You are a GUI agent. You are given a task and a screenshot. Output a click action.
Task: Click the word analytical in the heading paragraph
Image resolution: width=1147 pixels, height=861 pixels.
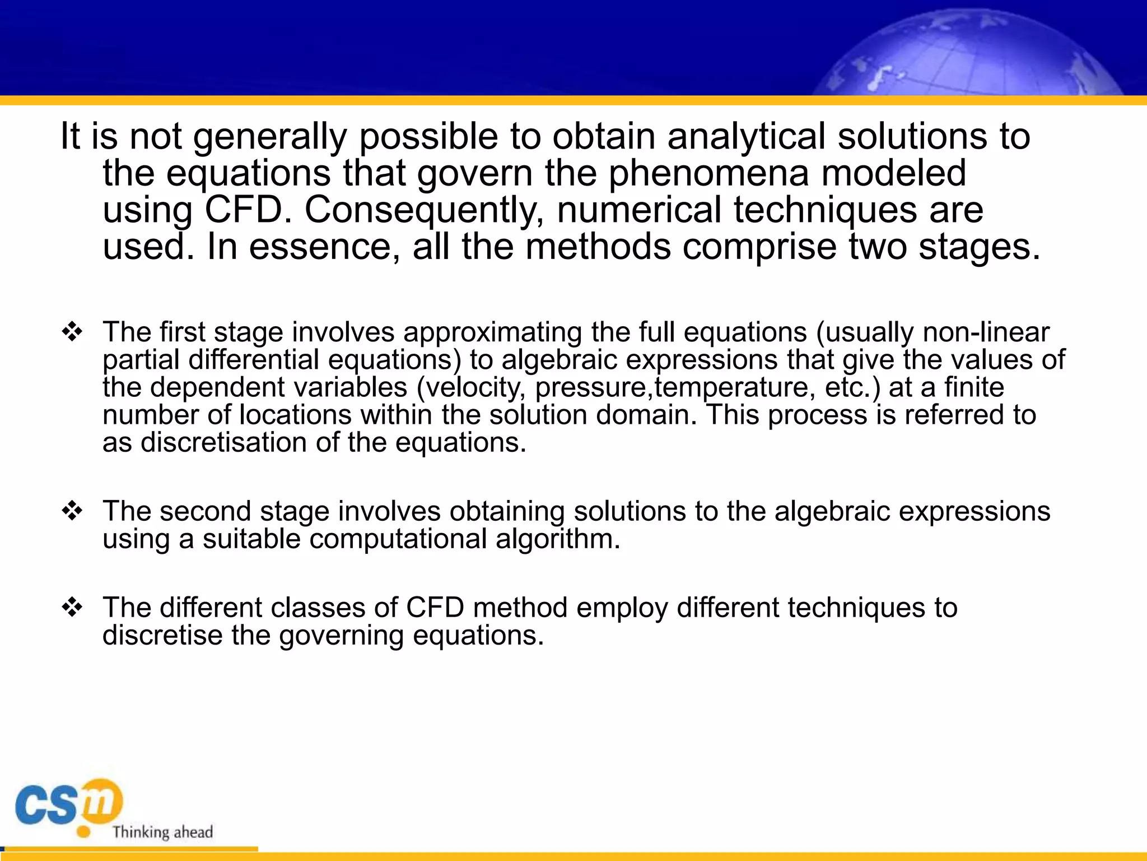[746, 137]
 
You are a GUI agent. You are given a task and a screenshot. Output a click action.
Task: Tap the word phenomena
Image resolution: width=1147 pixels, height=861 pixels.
[708, 173]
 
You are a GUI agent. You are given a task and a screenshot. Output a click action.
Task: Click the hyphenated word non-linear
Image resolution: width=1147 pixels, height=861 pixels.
[986, 332]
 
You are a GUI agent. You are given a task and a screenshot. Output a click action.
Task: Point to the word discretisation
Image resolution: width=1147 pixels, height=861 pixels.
[223, 442]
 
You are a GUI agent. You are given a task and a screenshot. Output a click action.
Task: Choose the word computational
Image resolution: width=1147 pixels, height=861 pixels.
[398, 539]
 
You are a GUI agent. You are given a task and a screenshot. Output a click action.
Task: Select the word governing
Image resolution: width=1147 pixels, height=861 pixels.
[341, 636]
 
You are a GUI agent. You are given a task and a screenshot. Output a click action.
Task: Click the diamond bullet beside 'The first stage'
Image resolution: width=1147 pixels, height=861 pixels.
[72, 332]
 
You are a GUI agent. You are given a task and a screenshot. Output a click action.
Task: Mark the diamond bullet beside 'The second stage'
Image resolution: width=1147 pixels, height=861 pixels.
[72, 511]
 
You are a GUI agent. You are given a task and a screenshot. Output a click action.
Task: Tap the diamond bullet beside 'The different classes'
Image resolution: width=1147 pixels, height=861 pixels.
[72, 608]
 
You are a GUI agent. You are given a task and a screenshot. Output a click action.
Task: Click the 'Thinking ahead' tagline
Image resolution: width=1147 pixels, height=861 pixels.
[162, 832]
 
